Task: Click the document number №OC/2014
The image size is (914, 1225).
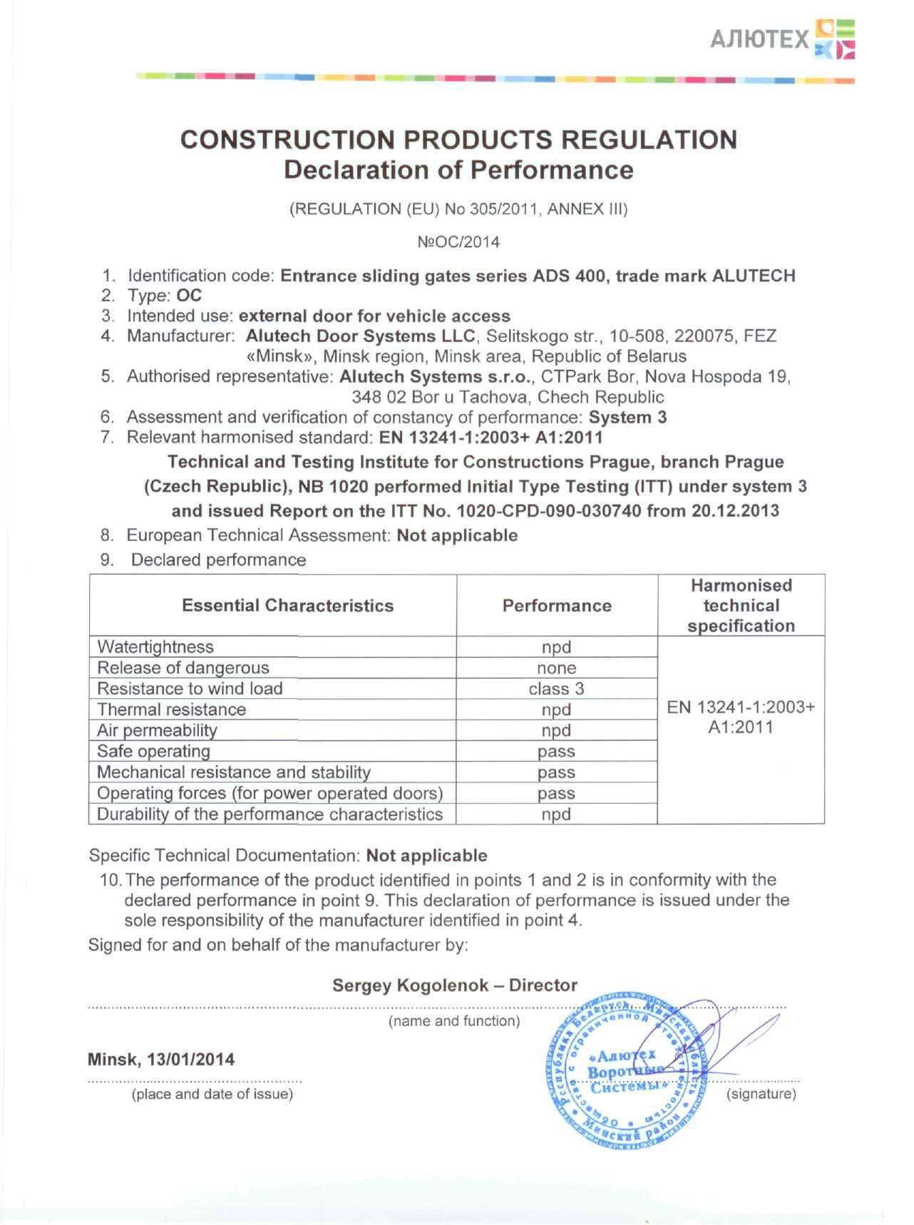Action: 458,242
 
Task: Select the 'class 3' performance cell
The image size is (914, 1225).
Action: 556,689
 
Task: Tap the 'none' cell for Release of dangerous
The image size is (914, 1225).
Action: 556,668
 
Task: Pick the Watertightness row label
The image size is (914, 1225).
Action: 155,647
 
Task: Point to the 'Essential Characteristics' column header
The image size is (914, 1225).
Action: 287,606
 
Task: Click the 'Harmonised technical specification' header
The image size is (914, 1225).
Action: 741,606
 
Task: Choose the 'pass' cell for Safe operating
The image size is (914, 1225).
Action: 556,752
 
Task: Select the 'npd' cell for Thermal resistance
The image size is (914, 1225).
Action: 556,710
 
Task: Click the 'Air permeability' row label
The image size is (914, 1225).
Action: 157,730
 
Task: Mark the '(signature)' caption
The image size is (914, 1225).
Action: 761,1094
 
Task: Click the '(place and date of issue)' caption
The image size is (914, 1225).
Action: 212,1094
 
